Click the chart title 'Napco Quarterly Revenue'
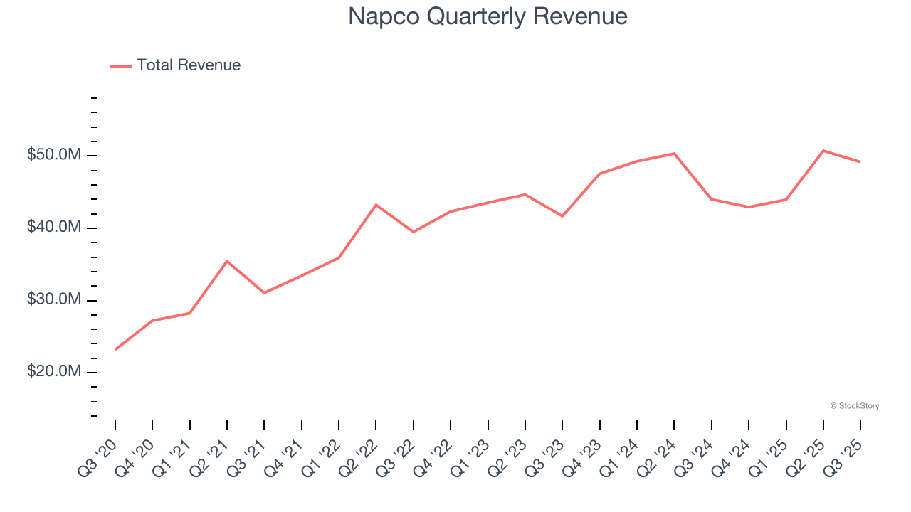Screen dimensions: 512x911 [488, 16]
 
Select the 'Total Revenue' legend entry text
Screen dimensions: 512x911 [189, 65]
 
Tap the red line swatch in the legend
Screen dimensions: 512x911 [121, 66]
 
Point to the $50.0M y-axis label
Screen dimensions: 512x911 [55, 155]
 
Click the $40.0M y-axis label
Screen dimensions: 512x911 [55, 228]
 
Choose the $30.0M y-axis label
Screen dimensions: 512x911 [55, 300]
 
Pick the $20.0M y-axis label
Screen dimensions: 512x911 [55, 372]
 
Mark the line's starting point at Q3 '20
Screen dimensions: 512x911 [115, 349]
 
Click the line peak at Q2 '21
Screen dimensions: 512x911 [227, 261]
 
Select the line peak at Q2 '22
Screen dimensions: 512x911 [376, 205]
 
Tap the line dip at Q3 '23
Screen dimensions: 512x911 [562, 216]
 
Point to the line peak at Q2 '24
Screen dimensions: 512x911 [674, 154]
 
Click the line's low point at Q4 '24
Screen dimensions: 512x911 [749, 207]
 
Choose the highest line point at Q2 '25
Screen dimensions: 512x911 [823, 151]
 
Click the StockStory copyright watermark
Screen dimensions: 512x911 [854, 406]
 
